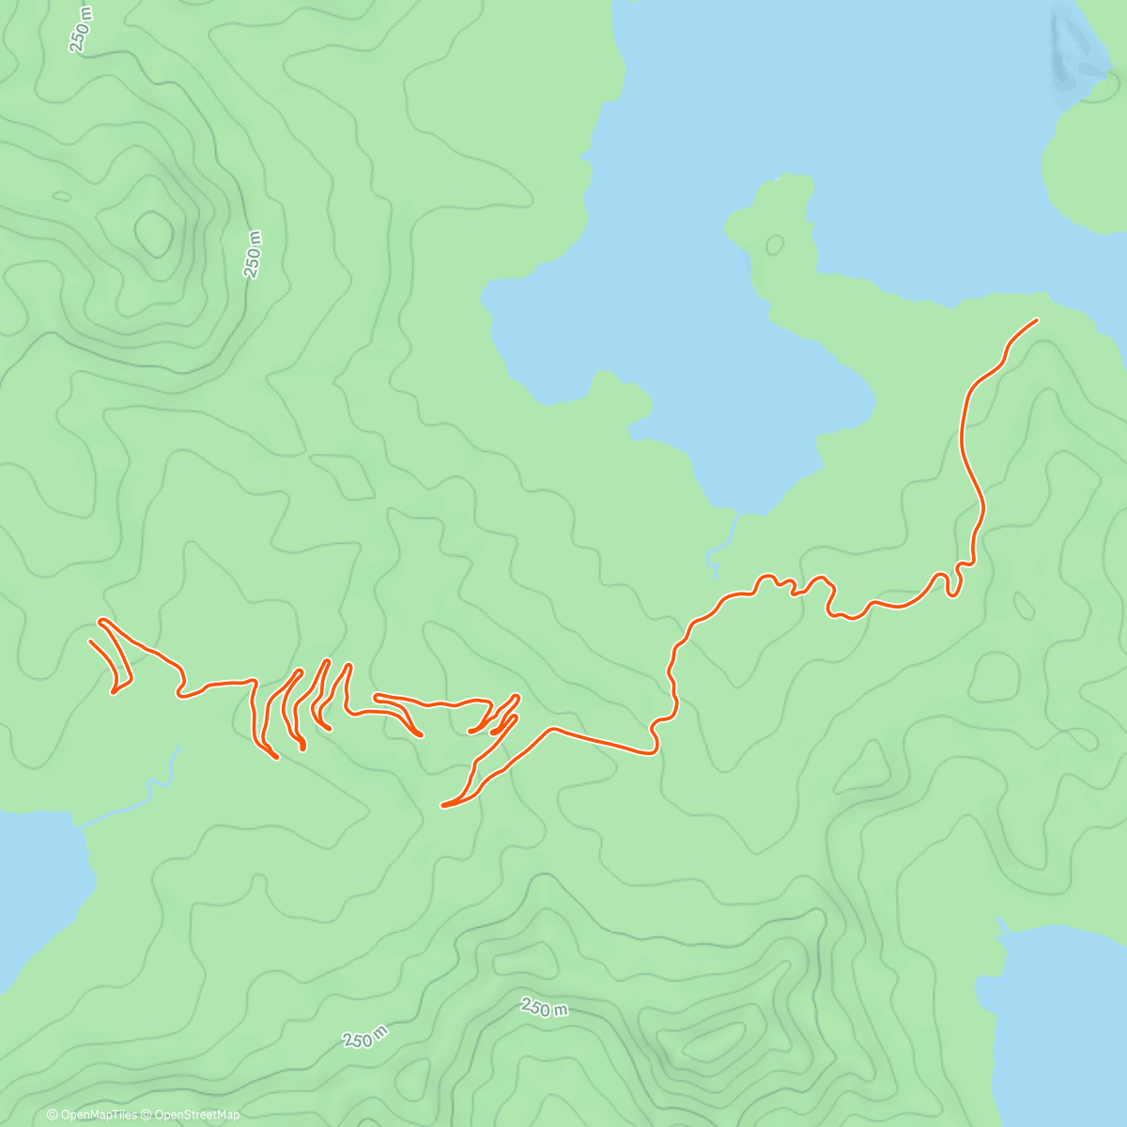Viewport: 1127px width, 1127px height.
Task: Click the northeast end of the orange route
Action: [x=1037, y=320]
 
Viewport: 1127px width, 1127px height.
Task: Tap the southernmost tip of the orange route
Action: [x=443, y=805]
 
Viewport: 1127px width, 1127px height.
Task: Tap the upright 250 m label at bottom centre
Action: [x=545, y=1008]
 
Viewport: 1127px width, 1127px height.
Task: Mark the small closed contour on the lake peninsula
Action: [x=775, y=245]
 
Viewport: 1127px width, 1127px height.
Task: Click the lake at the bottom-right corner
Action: [x=1061, y=1033]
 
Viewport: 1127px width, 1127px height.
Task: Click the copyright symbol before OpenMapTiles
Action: [x=53, y=1115]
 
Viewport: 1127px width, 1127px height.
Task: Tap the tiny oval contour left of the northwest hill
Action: [x=62, y=196]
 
